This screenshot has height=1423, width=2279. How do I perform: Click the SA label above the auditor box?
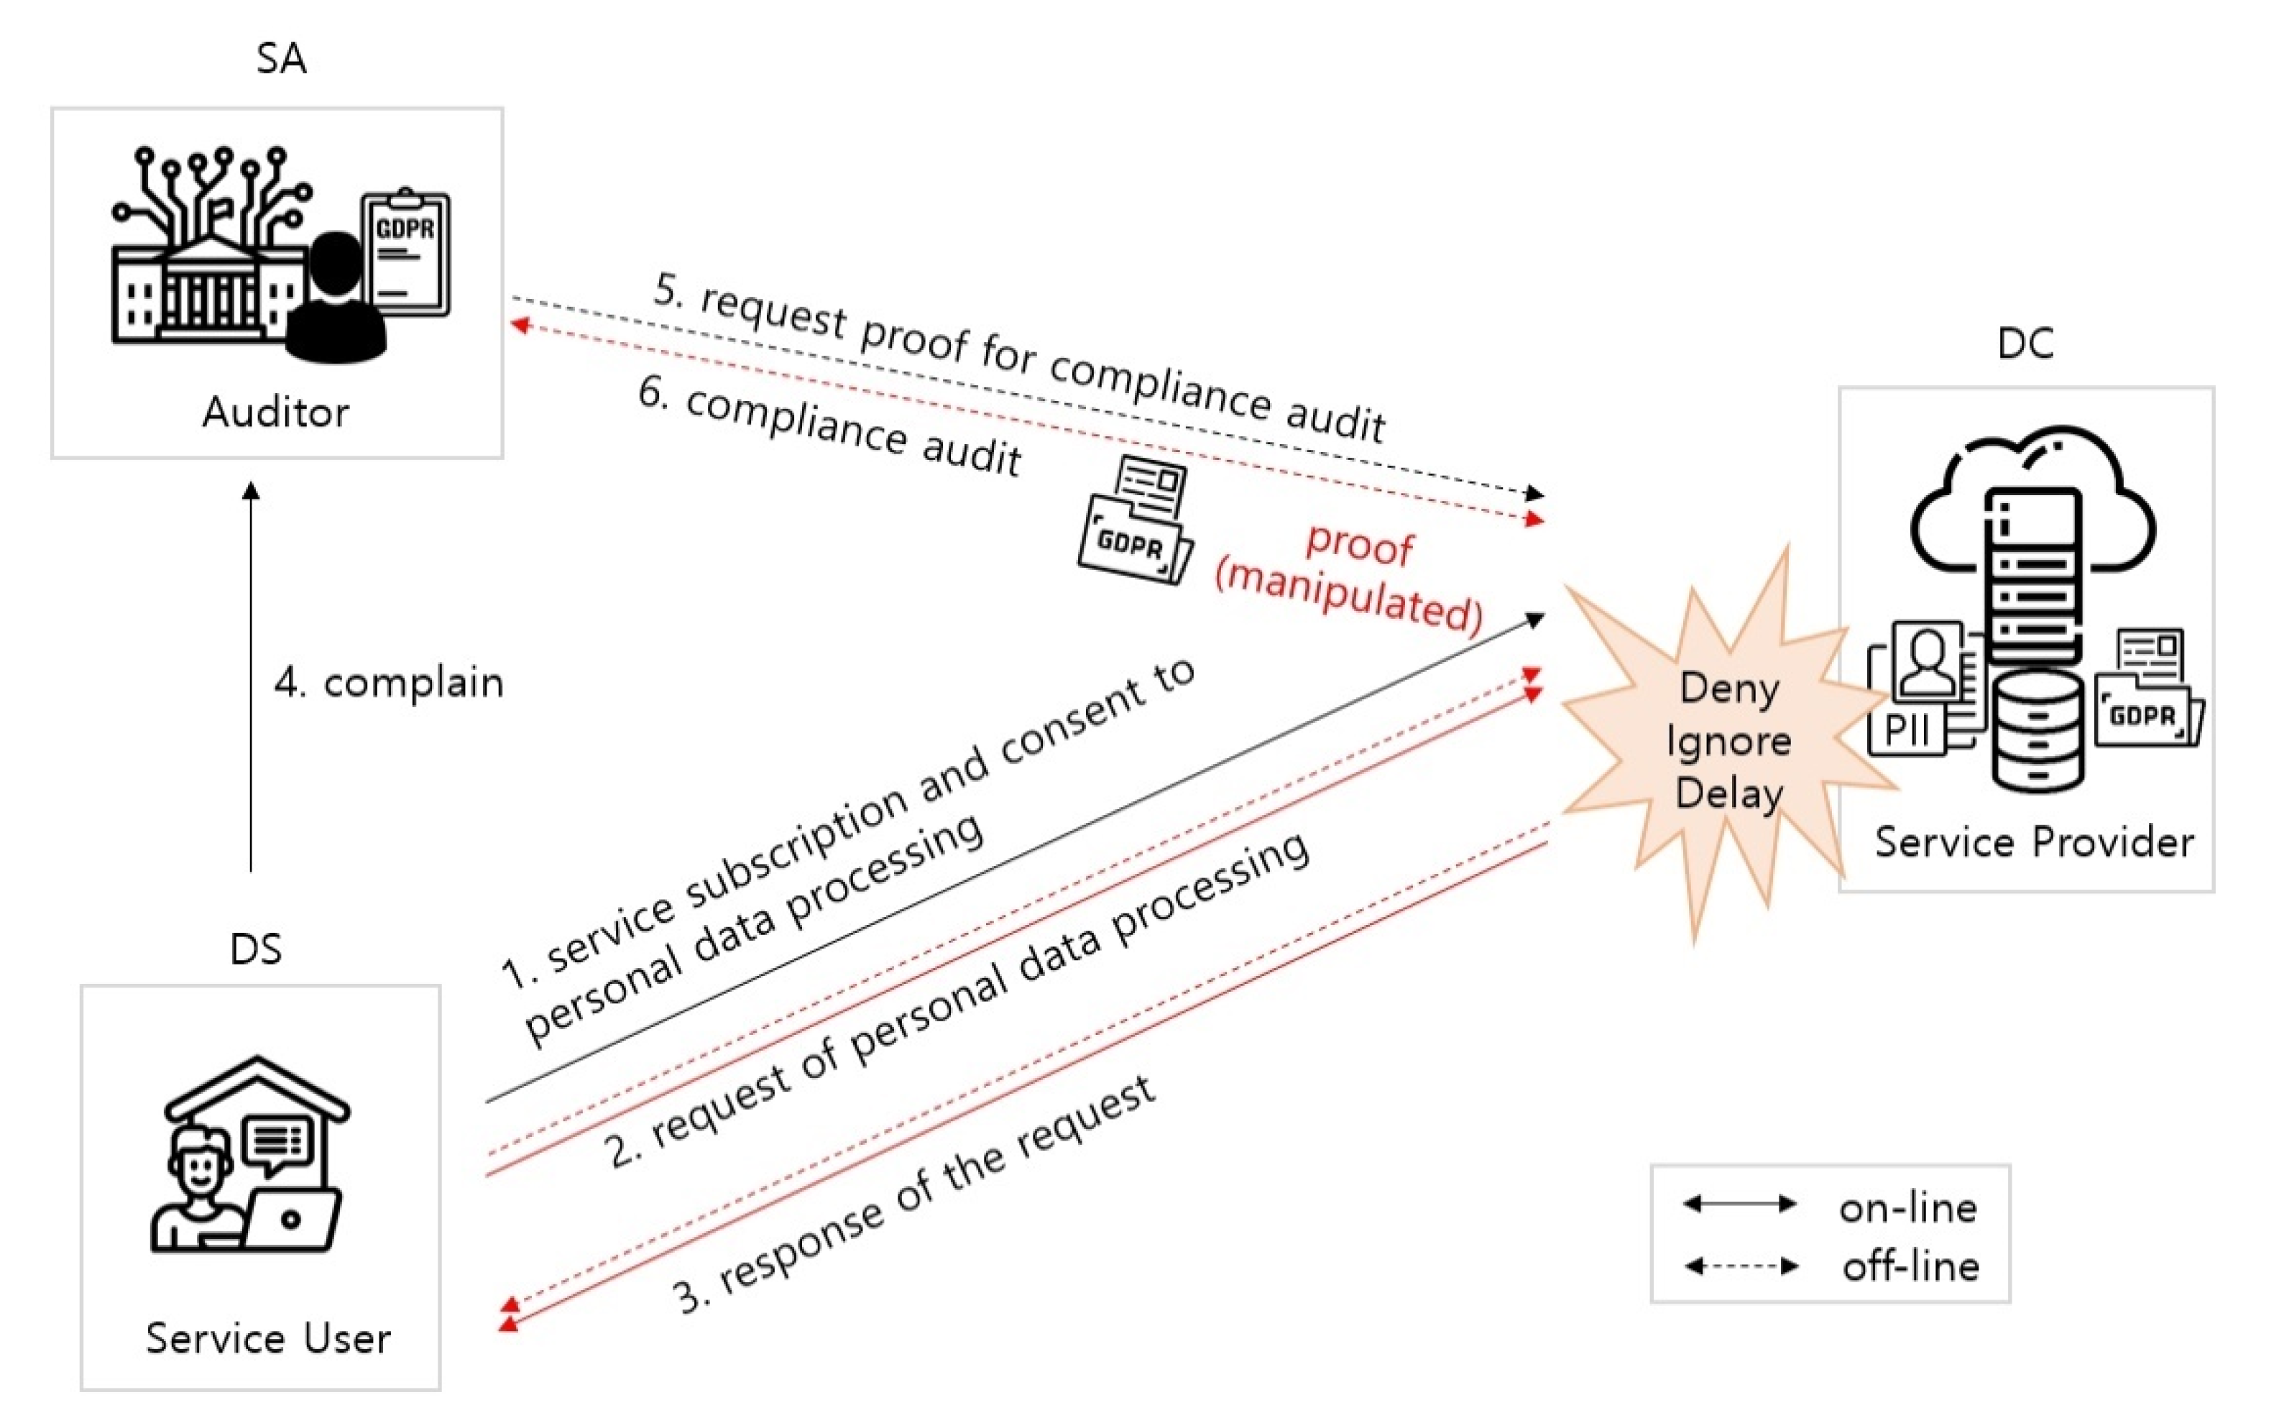280,58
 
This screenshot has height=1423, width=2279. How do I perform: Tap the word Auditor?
276,413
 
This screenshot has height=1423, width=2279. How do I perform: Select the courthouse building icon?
207,282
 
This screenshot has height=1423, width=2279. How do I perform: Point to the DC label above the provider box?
2025,344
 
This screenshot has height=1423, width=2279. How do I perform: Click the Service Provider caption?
2033,842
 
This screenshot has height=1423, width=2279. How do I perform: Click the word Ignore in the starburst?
1728,742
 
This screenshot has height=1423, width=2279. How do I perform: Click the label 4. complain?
389,682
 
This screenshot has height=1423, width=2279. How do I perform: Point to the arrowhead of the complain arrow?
250,492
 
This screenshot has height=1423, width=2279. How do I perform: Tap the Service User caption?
268,1338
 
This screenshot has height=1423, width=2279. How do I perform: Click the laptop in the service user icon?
292,1220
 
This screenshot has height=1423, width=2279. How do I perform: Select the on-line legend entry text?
1907,1208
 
